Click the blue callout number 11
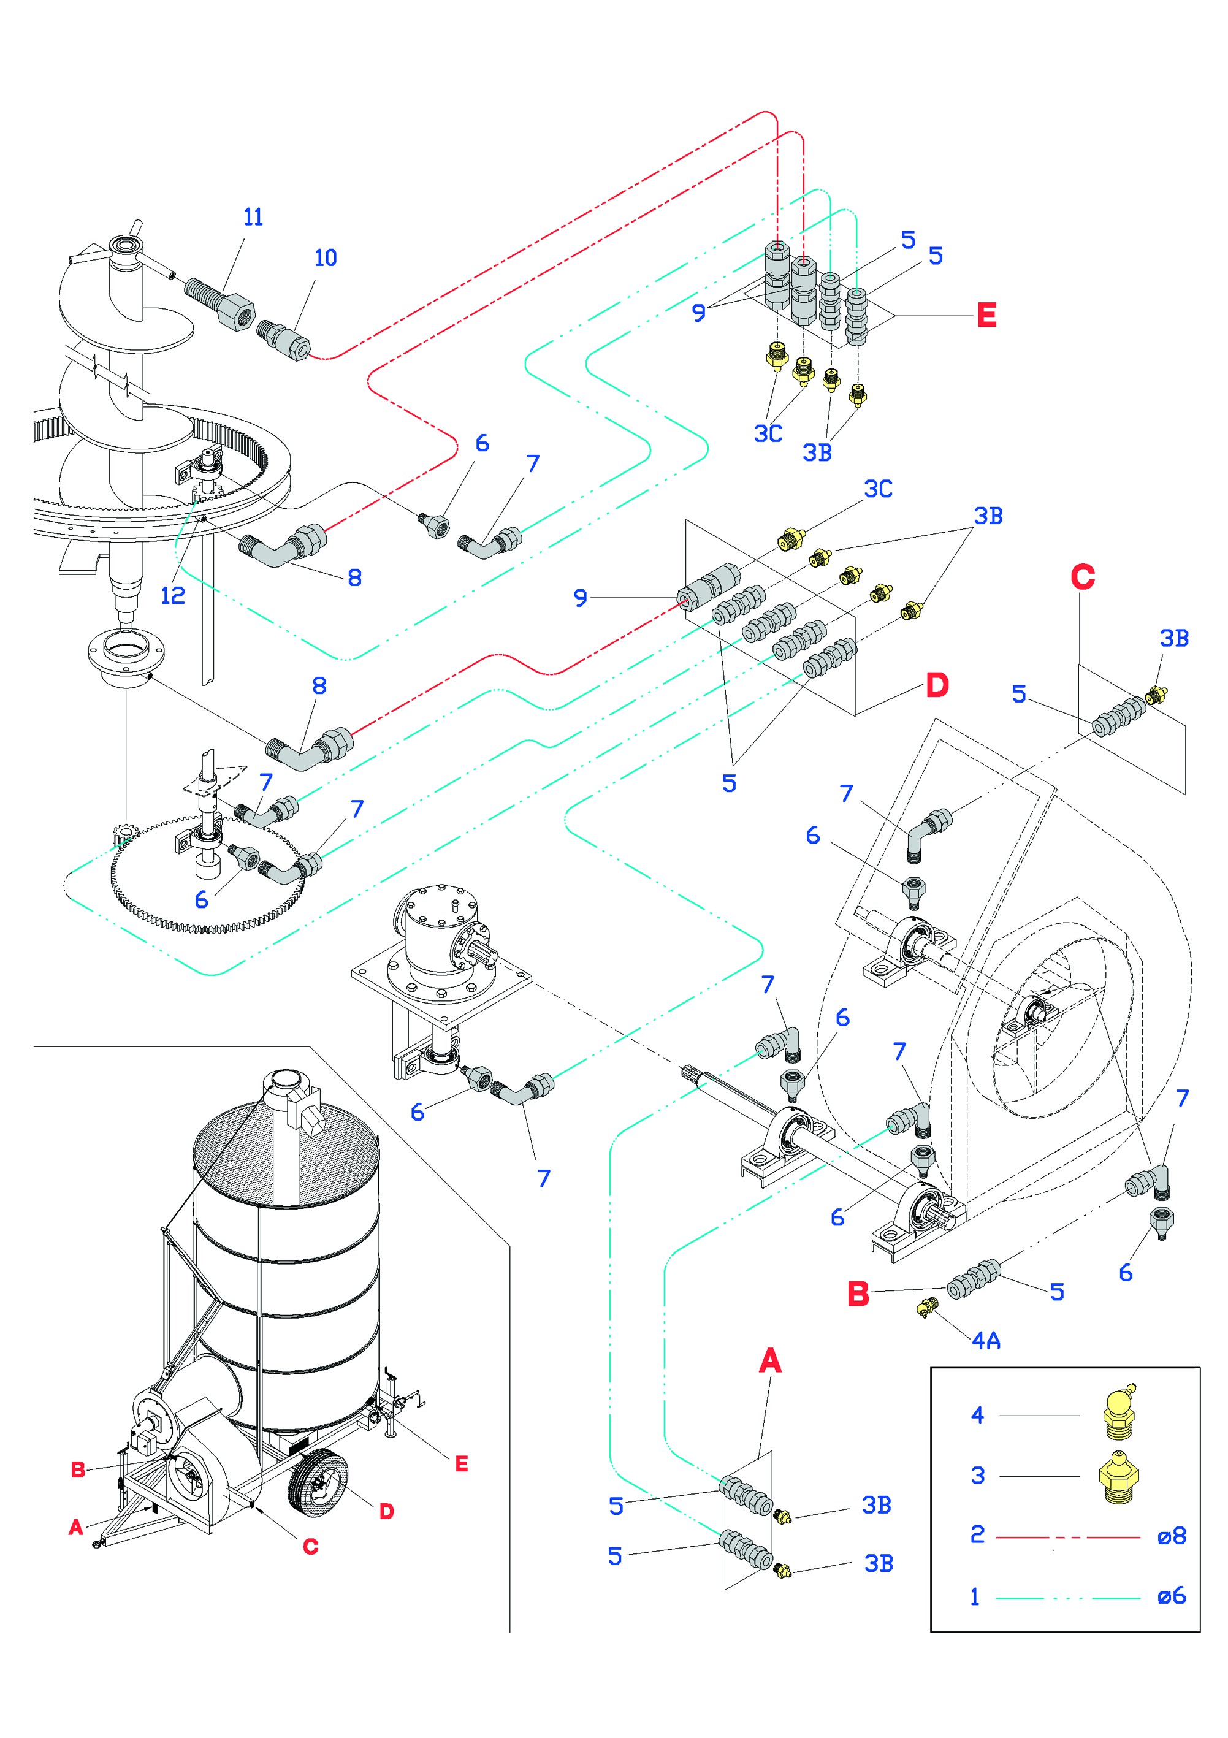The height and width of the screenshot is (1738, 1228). coord(253,217)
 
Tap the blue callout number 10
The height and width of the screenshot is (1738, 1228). coord(326,258)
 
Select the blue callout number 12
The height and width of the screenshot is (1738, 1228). coord(173,596)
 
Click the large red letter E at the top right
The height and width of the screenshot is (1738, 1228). coord(986,315)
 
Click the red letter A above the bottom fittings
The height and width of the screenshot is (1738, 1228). coord(769,1360)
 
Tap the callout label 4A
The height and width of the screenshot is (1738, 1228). coord(986,1341)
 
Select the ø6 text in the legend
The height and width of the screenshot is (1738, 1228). coord(1170,1596)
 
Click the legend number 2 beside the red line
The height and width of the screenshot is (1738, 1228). coord(977,1534)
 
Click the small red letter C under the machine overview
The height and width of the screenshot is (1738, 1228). coord(310,1547)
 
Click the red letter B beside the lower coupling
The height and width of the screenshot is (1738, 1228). coord(858,1294)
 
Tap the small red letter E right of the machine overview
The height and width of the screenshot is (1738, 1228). coord(461,1464)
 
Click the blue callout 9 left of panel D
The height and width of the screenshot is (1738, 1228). coord(580,598)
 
